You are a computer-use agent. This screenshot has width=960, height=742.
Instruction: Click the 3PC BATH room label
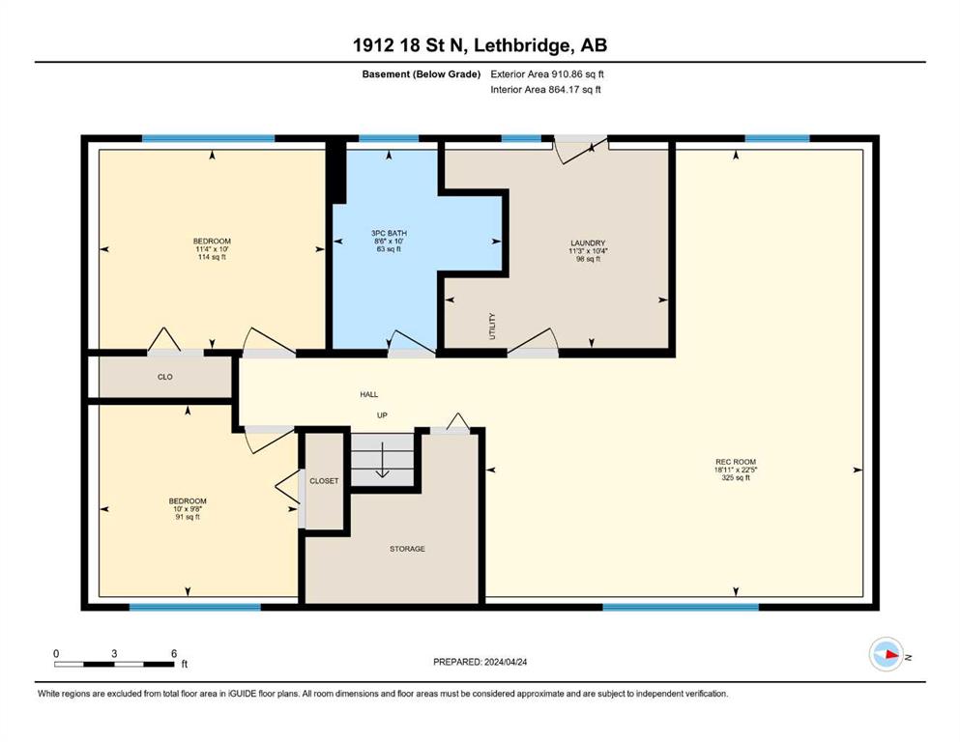[389, 233]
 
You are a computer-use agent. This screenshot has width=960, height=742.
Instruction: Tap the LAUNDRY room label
[588, 243]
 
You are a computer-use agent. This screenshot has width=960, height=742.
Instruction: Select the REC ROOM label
[736, 462]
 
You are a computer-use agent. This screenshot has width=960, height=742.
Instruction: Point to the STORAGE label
[407, 549]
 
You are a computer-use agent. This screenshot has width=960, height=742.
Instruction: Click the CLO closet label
[165, 377]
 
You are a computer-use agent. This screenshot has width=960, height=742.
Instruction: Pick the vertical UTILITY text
[492, 326]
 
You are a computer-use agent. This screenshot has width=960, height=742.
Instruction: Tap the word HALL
[368, 394]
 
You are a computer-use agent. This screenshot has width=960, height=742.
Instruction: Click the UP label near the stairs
[382, 415]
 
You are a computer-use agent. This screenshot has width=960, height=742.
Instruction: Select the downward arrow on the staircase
[383, 459]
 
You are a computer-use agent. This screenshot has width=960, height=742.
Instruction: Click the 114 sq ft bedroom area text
[212, 257]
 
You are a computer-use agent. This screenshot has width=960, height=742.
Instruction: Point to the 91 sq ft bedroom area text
[188, 517]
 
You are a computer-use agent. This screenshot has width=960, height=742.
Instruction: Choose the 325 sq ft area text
[736, 477]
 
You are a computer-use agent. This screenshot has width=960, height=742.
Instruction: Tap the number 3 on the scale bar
[114, 653]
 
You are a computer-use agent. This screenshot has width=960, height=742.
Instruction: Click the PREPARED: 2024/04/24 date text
[480, 662]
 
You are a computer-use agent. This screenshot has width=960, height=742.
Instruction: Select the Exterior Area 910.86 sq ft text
[547, 74]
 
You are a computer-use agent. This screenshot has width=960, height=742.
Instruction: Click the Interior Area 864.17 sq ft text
[545, 89]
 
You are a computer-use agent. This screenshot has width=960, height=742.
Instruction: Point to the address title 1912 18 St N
[410, 45]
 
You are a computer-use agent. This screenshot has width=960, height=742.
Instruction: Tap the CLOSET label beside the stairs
[324, 481]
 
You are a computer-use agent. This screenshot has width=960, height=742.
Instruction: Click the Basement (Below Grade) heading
[422, 74]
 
